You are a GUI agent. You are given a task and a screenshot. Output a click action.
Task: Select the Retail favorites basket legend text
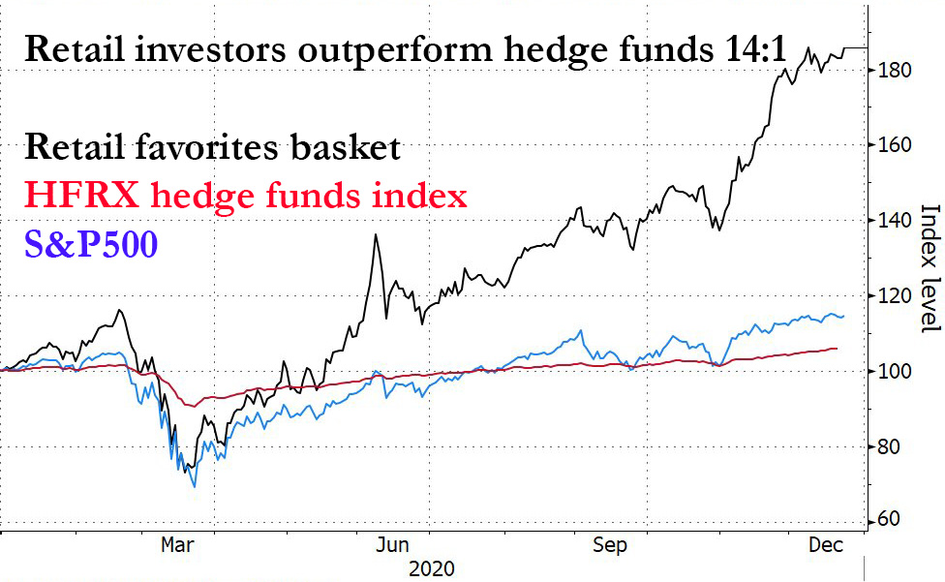[212, 147]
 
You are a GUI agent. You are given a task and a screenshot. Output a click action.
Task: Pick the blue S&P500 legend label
[92, 243]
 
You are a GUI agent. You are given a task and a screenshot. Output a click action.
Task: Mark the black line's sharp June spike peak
[375, 234]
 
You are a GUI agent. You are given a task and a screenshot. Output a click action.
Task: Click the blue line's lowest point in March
[195, 486]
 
